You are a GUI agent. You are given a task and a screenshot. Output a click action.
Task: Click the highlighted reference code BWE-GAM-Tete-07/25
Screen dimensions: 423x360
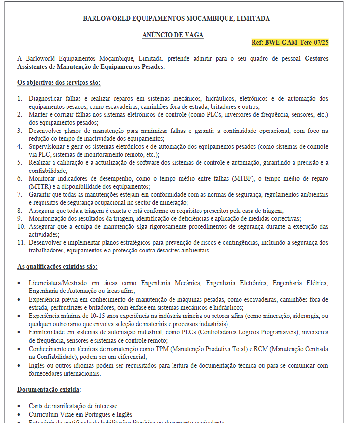[290, 42]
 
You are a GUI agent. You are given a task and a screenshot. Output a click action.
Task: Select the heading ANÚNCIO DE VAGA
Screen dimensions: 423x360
[173, 35]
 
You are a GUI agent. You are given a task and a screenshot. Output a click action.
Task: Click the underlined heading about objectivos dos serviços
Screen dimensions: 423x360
[59, 83]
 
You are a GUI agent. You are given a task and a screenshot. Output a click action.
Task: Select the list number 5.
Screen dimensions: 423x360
[20, 162]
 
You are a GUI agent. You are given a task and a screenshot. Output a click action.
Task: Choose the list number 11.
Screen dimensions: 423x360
[21, 242]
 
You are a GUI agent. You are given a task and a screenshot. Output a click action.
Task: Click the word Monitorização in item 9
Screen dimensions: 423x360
[49, 218]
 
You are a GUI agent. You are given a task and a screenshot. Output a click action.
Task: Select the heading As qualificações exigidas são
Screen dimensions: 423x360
[57, 266]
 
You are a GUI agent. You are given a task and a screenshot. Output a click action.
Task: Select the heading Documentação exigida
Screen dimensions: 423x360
[49, 389]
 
